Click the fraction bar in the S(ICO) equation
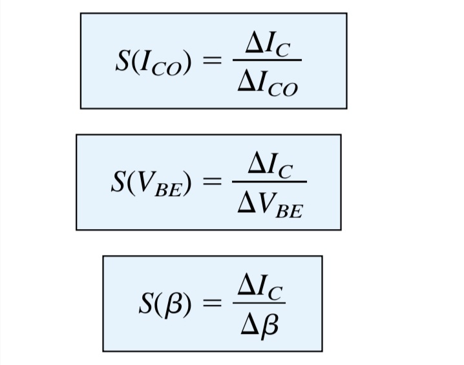266,60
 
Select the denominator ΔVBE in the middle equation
269,206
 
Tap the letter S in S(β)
146,304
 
